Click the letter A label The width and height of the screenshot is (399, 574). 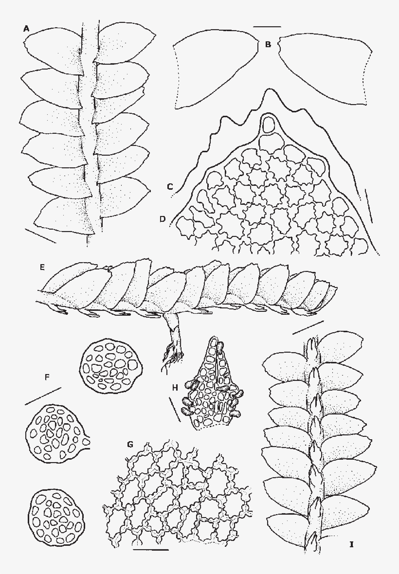27,29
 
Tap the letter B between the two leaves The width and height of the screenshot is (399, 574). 268,45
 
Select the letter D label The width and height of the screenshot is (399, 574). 162,220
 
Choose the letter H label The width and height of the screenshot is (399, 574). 176,387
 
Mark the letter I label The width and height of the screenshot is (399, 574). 351,544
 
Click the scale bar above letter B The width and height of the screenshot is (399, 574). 267,26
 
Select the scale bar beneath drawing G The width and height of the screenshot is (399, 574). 150,550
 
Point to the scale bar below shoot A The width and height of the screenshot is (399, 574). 40,235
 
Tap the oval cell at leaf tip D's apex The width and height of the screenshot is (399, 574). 268,125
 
